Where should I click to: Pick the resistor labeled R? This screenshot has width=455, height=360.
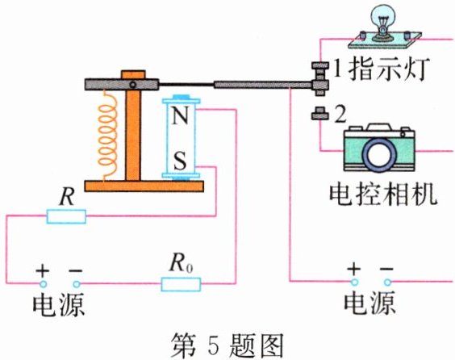(x=67, y=216)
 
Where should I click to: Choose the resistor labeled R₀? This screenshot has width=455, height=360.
(x=182, y=283)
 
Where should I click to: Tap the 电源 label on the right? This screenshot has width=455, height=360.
(x=369, y=304)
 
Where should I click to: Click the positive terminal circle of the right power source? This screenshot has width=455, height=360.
(x=353, y=282)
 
